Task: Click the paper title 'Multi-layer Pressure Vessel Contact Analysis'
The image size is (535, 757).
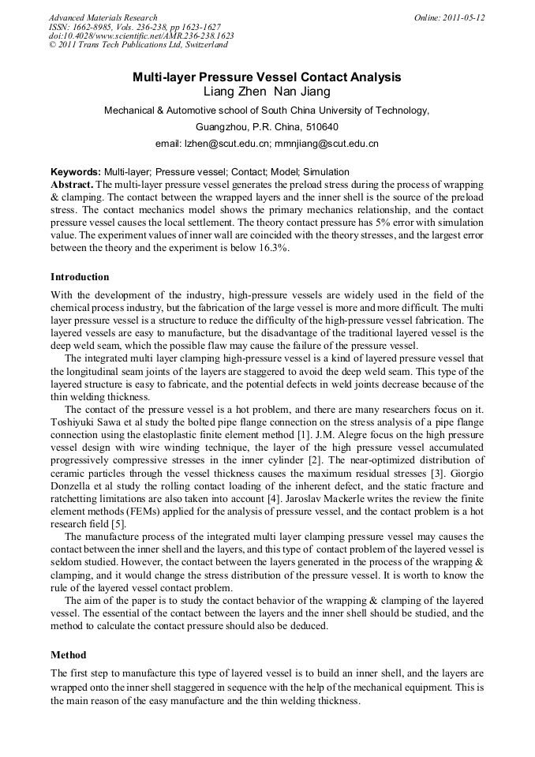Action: point(267,77)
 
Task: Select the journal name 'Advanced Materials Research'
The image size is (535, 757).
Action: point(103,17)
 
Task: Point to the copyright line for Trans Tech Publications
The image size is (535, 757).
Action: point(138,45)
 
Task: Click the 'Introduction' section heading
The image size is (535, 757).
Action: point(80,277)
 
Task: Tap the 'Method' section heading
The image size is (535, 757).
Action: point(69,655)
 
